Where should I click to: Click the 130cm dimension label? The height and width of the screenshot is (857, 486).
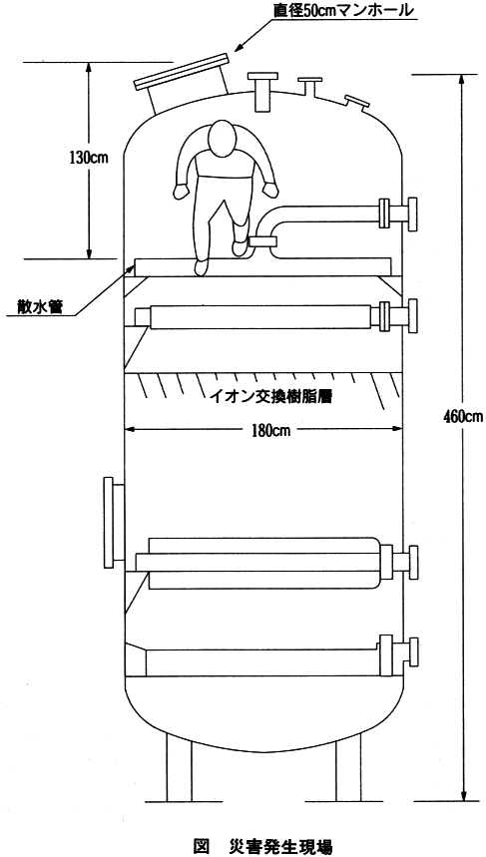tap(89, 158)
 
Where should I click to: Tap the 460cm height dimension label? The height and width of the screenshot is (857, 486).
tap(462, 417)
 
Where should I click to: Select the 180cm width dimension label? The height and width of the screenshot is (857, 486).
tap(266, 430)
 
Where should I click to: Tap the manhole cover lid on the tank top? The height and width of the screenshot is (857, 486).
tap(181, 72)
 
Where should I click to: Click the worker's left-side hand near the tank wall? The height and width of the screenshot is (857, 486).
tap(181, 192)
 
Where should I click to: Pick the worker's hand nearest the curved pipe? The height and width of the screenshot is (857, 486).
tap(270, 190)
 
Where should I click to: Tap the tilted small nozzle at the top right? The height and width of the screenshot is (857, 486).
tap(356, 103)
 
